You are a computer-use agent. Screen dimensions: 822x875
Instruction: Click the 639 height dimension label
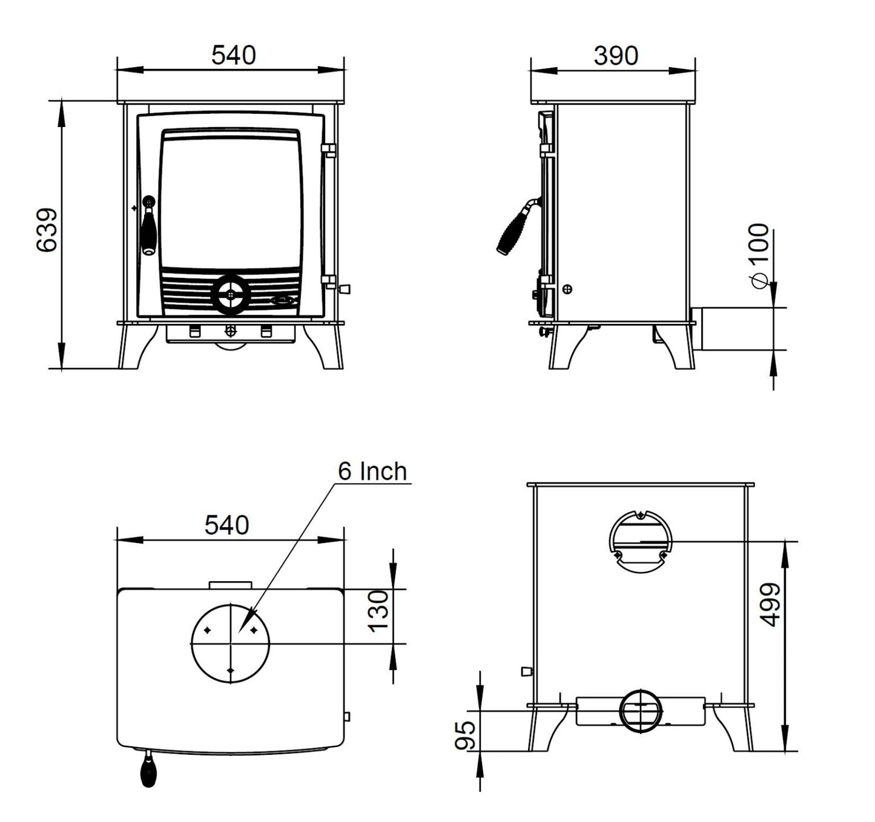pyautogui.click(x=47, y=231)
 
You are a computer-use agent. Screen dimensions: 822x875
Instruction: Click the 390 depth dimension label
pyautogui.click(x=615, y=56)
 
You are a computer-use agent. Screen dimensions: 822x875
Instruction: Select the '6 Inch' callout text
pyautogui.click(x=372, y=472)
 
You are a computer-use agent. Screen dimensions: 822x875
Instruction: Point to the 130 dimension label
pyautogui.click(x=380, y=611)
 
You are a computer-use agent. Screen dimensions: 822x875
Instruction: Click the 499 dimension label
pyautogui.click(x=771, y=605)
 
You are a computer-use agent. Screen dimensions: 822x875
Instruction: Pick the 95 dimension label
pyautogui.click(x=466, y=735)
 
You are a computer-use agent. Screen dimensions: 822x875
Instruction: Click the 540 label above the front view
pyautogui.click(x=234, y=55)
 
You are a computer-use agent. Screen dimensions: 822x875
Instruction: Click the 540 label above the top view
pyautogui.click(x=226, y=525)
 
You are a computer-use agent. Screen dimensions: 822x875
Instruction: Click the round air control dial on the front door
pyautogui.click(x=230, y=295)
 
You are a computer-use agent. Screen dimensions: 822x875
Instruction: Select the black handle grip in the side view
pyautogui.click(x=512, y=232)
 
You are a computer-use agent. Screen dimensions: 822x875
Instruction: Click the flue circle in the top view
pyautogui.click(x=230, y=643)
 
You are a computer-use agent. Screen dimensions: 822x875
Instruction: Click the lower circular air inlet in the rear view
pyautogui.click(x=641, y=711)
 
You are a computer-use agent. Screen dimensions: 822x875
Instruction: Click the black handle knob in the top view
pyautogui.click(x=147, y=772)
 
